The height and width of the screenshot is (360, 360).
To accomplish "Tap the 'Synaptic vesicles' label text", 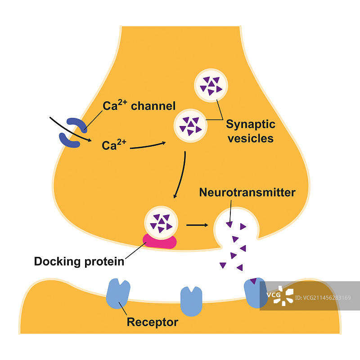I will click(x=250, y=131).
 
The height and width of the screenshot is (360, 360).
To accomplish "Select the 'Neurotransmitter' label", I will click(x=247, y=193).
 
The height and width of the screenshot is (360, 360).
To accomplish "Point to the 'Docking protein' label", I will click(x=79, y=261).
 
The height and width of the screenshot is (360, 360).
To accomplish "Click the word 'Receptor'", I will click(x=152, y=322).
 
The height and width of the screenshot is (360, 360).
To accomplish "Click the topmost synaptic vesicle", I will click(x=211, y=85).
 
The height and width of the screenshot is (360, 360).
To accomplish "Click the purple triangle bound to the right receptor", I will click(x=254, y=282).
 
